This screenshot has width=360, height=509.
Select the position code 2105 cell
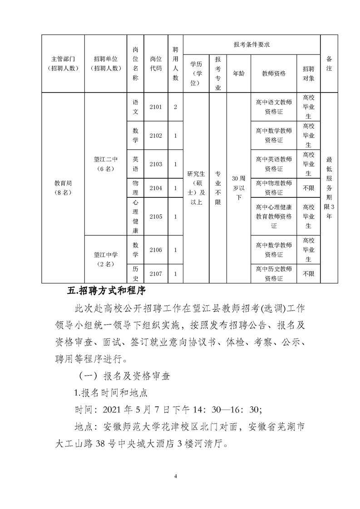pos(156,217)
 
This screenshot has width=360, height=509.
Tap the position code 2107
pos(156,274)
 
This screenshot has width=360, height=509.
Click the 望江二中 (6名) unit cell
pos(106,164)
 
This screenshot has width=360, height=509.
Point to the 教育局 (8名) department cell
pos(64,188)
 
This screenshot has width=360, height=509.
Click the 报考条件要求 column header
pos(252,44)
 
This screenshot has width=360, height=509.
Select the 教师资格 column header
pos(274,73)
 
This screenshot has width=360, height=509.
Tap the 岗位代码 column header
pos(156,64)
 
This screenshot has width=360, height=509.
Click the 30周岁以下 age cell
pos(238,188)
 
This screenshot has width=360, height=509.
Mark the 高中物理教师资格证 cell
pos(274,188)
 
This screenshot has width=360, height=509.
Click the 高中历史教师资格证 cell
pos(274,274)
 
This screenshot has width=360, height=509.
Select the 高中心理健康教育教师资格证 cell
pos(274,217)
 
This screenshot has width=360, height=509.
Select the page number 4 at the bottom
pos(180,476)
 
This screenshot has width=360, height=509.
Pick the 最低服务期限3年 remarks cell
pos(329,188)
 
